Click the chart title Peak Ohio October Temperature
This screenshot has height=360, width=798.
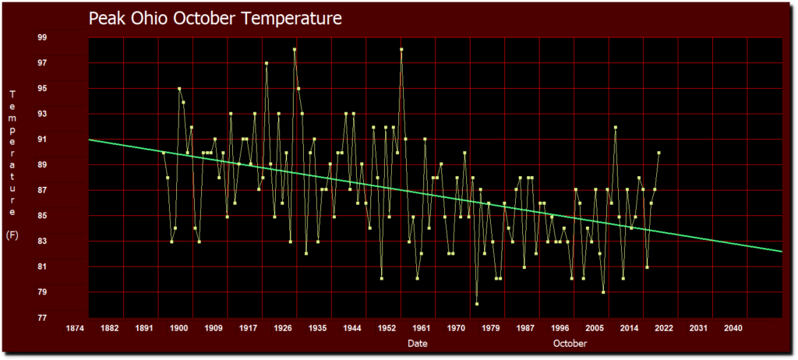214,18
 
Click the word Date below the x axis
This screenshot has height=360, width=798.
417,344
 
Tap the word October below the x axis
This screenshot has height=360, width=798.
570,344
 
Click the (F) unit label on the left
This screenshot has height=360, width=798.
12,234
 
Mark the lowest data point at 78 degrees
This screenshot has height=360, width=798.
477,304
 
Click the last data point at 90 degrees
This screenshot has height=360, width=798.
659,153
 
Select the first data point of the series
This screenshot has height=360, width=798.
164,153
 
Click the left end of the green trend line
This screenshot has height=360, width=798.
90,139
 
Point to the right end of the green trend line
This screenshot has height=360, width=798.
781,251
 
